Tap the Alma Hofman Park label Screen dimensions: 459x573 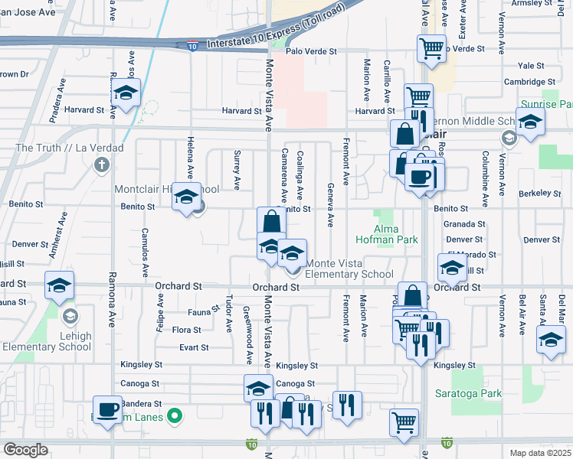396,234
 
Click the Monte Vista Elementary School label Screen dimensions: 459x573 349,269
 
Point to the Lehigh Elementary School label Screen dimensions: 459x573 68,341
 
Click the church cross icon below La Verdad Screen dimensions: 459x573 101,164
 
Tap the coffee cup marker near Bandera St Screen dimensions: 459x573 107,409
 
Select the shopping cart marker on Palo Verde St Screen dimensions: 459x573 431,48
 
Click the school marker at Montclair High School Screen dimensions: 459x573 185,197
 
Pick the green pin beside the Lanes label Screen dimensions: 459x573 175,417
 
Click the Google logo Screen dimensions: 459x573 25,449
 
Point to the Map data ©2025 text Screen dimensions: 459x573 539,453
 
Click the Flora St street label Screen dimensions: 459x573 186,330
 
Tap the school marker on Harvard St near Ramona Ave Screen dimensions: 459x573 126,95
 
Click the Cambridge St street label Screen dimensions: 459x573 529,82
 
